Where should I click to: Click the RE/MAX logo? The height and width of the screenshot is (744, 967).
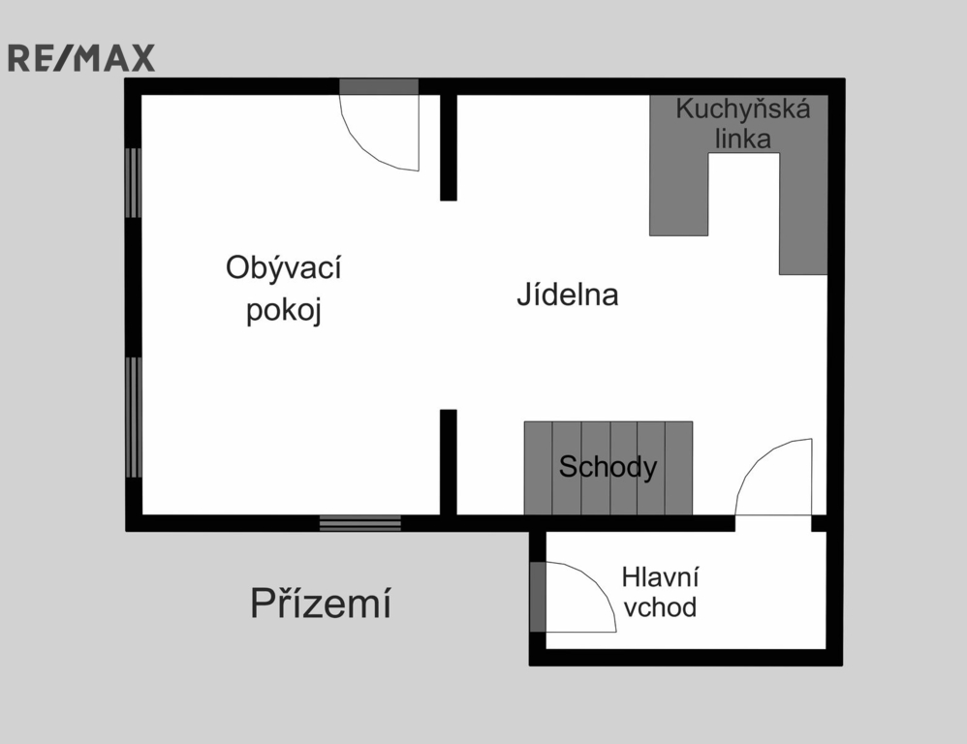click(x=81, y=58)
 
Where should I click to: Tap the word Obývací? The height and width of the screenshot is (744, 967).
click(x=283, y=267)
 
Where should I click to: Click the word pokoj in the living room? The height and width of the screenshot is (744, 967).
click(x=283, y=312)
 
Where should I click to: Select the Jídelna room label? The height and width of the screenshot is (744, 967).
click(x=567, y=294)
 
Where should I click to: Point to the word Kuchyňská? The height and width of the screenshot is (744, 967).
click(x=742, y=108)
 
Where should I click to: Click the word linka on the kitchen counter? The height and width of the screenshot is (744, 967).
click(x=743, y=139)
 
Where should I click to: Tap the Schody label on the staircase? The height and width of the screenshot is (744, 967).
click(x=608, y=468)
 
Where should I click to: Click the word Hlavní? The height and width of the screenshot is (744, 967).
click(x=661, y=577)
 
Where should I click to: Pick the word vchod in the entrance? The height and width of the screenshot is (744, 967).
click(x=660, y=607)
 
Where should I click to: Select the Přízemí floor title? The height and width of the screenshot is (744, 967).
click(x=321, y=604)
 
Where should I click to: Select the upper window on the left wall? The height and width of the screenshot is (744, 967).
click(x=134, y=183)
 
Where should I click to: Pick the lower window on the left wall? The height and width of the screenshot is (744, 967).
click(x=134, y=418)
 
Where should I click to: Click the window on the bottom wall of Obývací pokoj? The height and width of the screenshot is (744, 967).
click(x=360, y=523)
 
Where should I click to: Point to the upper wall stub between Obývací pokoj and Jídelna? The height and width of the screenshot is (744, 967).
click(x=448, y=146)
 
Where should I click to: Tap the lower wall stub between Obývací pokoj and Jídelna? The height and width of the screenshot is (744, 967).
click(x=448, y=461)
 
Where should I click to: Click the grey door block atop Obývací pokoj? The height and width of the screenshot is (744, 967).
click(x=379, y=86)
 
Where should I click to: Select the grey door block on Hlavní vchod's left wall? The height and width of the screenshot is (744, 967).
click(x=538, y=596)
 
